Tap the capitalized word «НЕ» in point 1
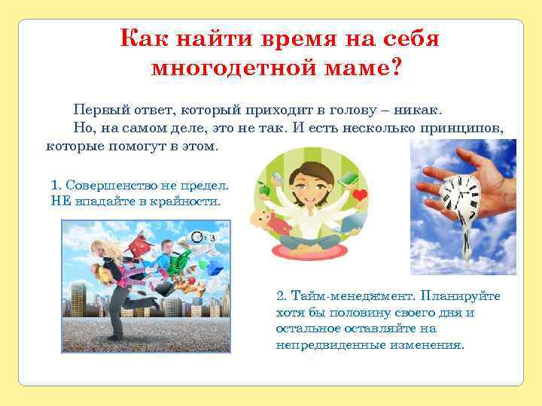coord(59,201)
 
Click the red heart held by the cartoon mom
coord(361,195)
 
